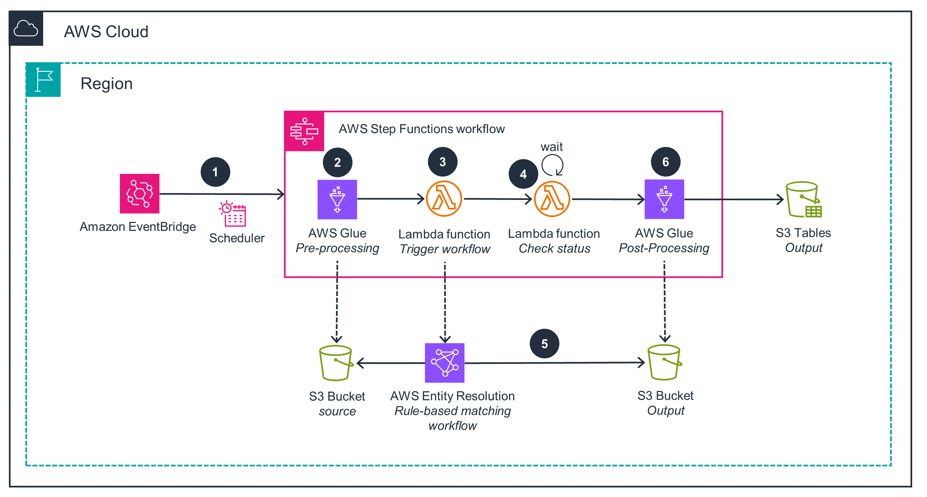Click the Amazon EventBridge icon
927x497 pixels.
(x=140, y=194)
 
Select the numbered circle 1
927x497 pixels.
(x=215, y=172)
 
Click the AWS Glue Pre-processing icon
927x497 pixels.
(x=337, y=199)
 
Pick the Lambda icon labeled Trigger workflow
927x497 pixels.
(x=444, y=199)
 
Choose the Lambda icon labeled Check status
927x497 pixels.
(x=552, y=199)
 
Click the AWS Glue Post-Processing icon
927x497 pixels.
(x=664, y=199)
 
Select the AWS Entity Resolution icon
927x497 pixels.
(x=444, y=363)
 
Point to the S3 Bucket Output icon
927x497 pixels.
(x=664, y=362)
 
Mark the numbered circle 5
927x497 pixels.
(x=545, y=344)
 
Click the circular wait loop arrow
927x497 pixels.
(x=552, y=165)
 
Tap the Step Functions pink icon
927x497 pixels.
(x=304, y=131)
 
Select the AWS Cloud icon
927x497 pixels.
(x=26, y=29)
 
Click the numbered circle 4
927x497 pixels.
(x=523, y=174)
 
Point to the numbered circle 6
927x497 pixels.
(x=666, y=162)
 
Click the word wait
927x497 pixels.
(x=552, y=147)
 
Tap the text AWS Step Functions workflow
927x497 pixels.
(x=422, y=129)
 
